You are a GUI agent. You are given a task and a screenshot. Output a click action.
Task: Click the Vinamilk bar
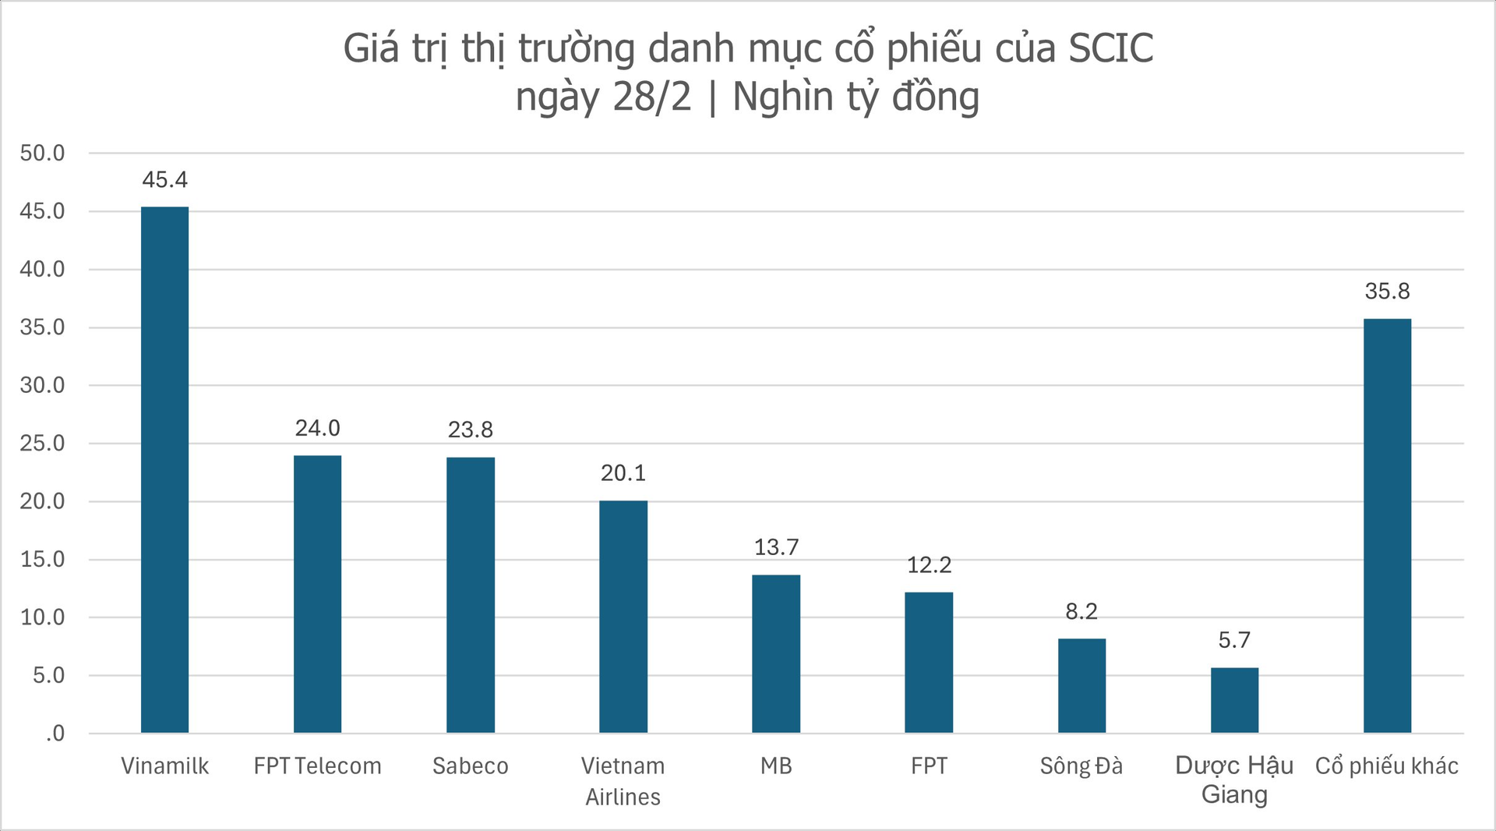(x=164, y=469)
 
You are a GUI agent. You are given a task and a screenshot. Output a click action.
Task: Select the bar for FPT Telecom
(x=317, y=594)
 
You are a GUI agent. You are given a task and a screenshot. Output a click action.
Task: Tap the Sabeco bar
(x=471, y=595)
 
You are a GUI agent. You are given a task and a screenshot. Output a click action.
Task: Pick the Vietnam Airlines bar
(x=623, y=617)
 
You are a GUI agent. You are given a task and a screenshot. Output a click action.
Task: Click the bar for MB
(x=776, y=653)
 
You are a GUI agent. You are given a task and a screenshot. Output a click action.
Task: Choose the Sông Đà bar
(x=1081, y=685)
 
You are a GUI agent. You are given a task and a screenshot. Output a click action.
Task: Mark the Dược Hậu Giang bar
(x=1234, y=700)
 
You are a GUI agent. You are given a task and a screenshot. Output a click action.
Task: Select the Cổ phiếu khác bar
(x=1387, y=525)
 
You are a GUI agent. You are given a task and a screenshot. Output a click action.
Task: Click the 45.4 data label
(x=164, y=180)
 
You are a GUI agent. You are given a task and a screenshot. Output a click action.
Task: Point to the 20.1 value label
(x=623, y=473)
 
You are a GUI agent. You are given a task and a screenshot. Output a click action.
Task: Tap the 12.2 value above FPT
(x=929, y=565)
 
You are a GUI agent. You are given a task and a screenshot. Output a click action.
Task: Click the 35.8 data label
(x=1387, y=292)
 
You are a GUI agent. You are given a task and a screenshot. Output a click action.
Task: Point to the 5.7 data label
(x=1234, y=641)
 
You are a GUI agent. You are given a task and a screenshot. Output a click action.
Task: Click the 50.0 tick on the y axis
(x=43, y=153)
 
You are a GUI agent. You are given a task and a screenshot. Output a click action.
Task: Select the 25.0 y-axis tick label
(x=43, y=444)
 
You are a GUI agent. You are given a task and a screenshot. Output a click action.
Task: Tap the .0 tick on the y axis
(x=55, y=734)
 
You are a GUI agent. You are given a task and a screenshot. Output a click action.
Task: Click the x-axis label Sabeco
(x=471, y=766)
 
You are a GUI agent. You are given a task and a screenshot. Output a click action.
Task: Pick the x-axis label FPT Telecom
(x=317, y=766)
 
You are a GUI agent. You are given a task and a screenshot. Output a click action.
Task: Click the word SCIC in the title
(x=1111, y=48)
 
